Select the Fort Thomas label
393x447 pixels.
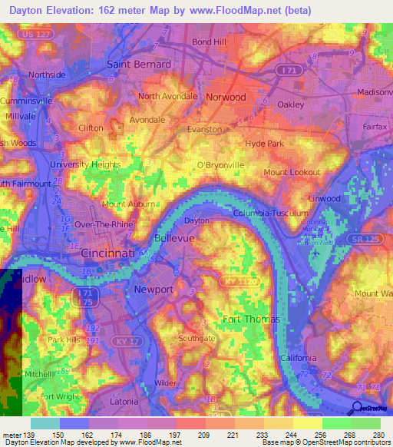[x=251, y=319]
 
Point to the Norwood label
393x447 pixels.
[x=226, y=98]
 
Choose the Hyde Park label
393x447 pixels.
[x=265, y=144]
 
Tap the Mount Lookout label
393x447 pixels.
[x=292, y=174]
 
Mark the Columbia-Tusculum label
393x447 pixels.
[x=266, y=213]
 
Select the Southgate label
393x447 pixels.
[x=197, y=338]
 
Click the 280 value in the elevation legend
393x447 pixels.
[x=377, y=435]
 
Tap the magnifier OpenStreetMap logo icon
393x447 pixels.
[x=357, y=408]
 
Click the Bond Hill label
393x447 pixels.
[x=210, y=41]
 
